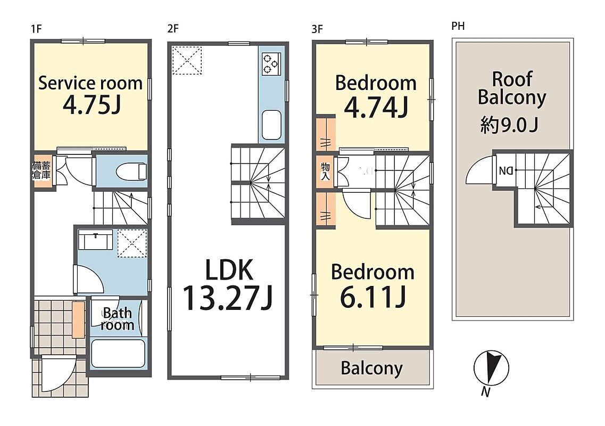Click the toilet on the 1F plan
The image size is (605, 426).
click(x=131, y=171)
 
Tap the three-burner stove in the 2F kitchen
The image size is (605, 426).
click(x=271, y=64)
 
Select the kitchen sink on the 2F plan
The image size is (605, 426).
click(x=271, y=125)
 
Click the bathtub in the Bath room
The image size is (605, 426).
click(x=118, y=354)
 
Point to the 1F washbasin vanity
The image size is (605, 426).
click(x=95, y=240)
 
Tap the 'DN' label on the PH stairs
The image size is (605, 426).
click(x=506, y=170)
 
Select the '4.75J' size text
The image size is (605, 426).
click(x=92, y=105)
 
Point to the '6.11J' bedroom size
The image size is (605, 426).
click(x=372, y=297)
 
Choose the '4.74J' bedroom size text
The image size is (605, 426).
click(x=376, y=107)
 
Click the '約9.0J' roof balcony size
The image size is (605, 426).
click(x=509, y=125)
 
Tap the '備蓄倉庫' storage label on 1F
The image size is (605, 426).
click(x=42, y=170)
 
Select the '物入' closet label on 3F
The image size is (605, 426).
click(x=325, y=171)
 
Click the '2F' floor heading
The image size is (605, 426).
click(x=173, y=29)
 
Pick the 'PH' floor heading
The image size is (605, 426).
click(x=458, y=26)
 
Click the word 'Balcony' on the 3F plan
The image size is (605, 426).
click(x=371, y=368)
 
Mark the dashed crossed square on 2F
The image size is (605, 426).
click(x=187, y=60)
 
